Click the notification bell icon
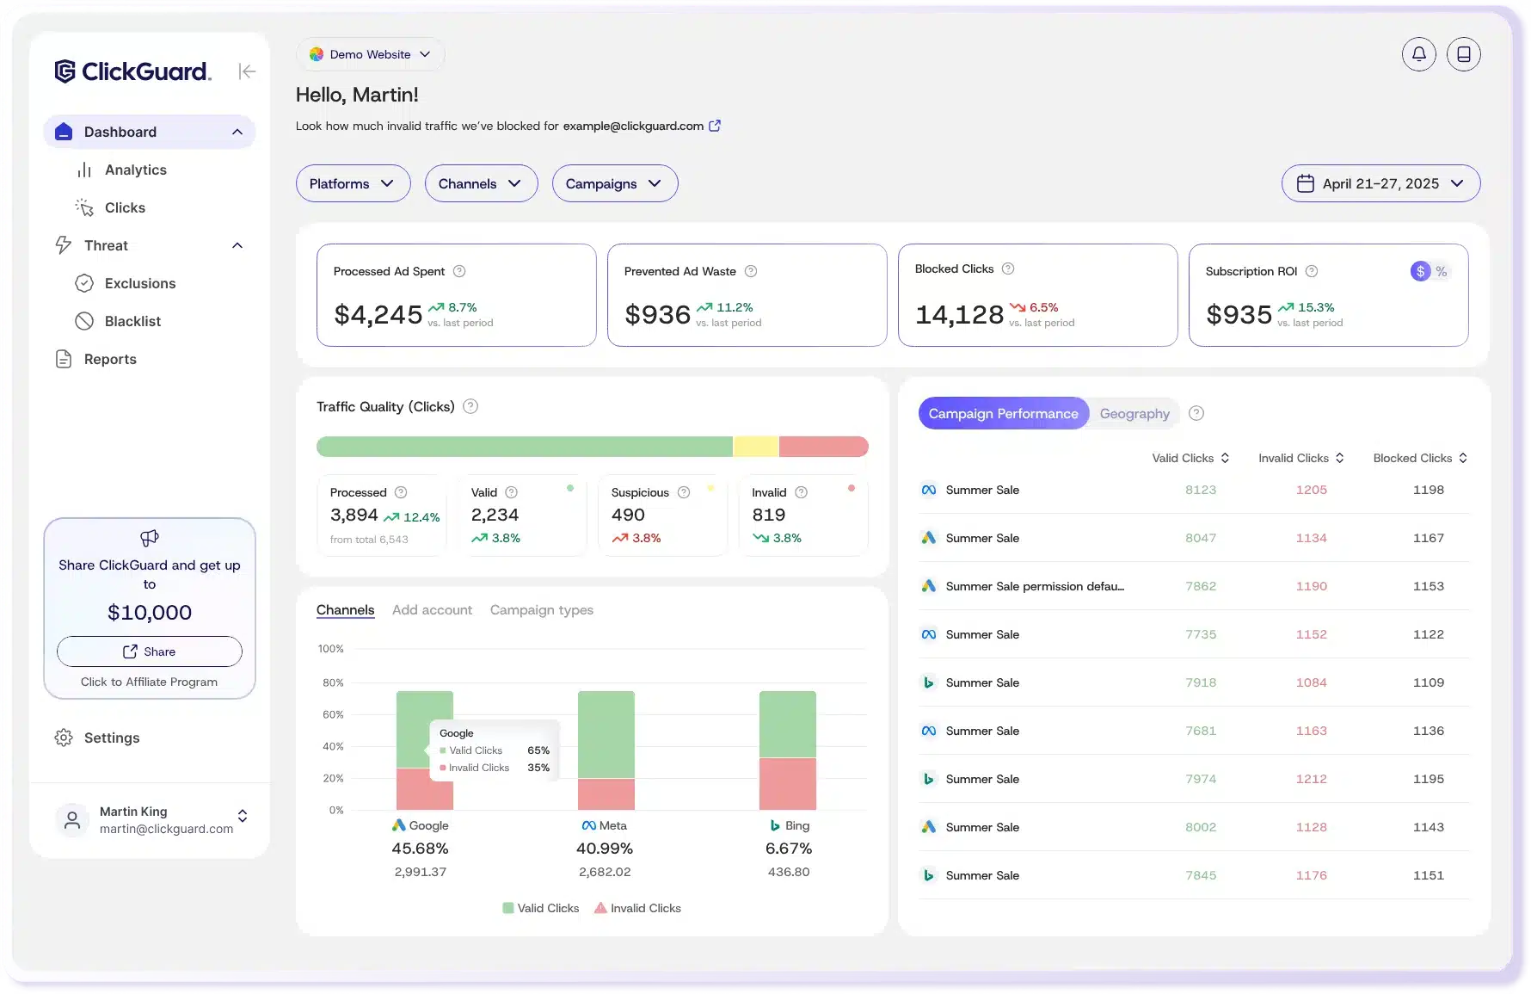click(1418, 54)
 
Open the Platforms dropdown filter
click(353, 183)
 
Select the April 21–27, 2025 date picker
click(1380, 183)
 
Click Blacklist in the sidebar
click(132, 321)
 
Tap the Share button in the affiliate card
click(150, 651)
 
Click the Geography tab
click(1134, 414)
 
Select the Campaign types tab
click(541, 610)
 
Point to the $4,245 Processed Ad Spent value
click(378, 315)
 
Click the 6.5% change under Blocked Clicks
click(1042, 307)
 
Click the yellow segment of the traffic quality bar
click(755, 447)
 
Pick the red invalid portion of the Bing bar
click(787, 783)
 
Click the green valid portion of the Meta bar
click(606, 733)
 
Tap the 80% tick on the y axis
click(333, 682)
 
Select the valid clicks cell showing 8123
click(1200, 490)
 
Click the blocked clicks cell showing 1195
click(1428, 779)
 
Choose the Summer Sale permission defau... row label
click(1034, 586)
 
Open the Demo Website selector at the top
click(370, 54)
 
